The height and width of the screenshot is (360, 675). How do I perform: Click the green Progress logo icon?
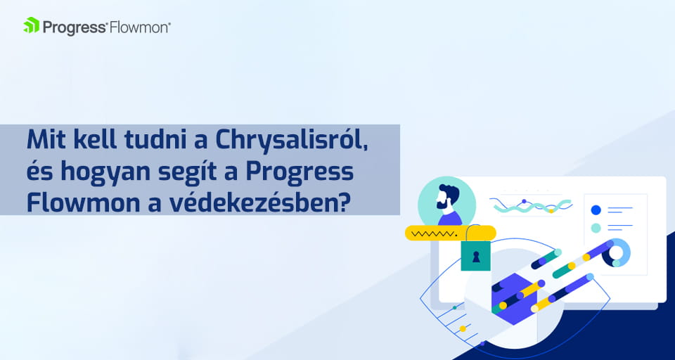click(x=31, y=25)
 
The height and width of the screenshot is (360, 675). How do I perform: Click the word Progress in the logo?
click(x=75, y=27)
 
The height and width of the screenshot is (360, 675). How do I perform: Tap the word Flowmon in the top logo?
click(x=139, y=27)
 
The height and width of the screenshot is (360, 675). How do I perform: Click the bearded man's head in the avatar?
click(x=446, y=198)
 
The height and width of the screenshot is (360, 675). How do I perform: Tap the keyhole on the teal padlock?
click(x=476, y=257)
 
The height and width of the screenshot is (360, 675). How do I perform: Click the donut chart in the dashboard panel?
click(x=616, y=253)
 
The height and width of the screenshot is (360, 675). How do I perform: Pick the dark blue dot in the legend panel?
click(x=596, y=210)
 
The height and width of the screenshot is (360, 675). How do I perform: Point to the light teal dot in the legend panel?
click(x=596, y=228)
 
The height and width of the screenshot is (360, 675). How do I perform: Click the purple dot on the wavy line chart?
click(x=524, y=201)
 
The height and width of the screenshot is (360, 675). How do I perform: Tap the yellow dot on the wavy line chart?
click(x=551, y=211)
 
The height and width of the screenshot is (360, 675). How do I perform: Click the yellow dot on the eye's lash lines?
click(x=463, y=328)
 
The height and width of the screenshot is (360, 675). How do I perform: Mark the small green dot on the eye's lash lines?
click(x=454, y=308)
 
